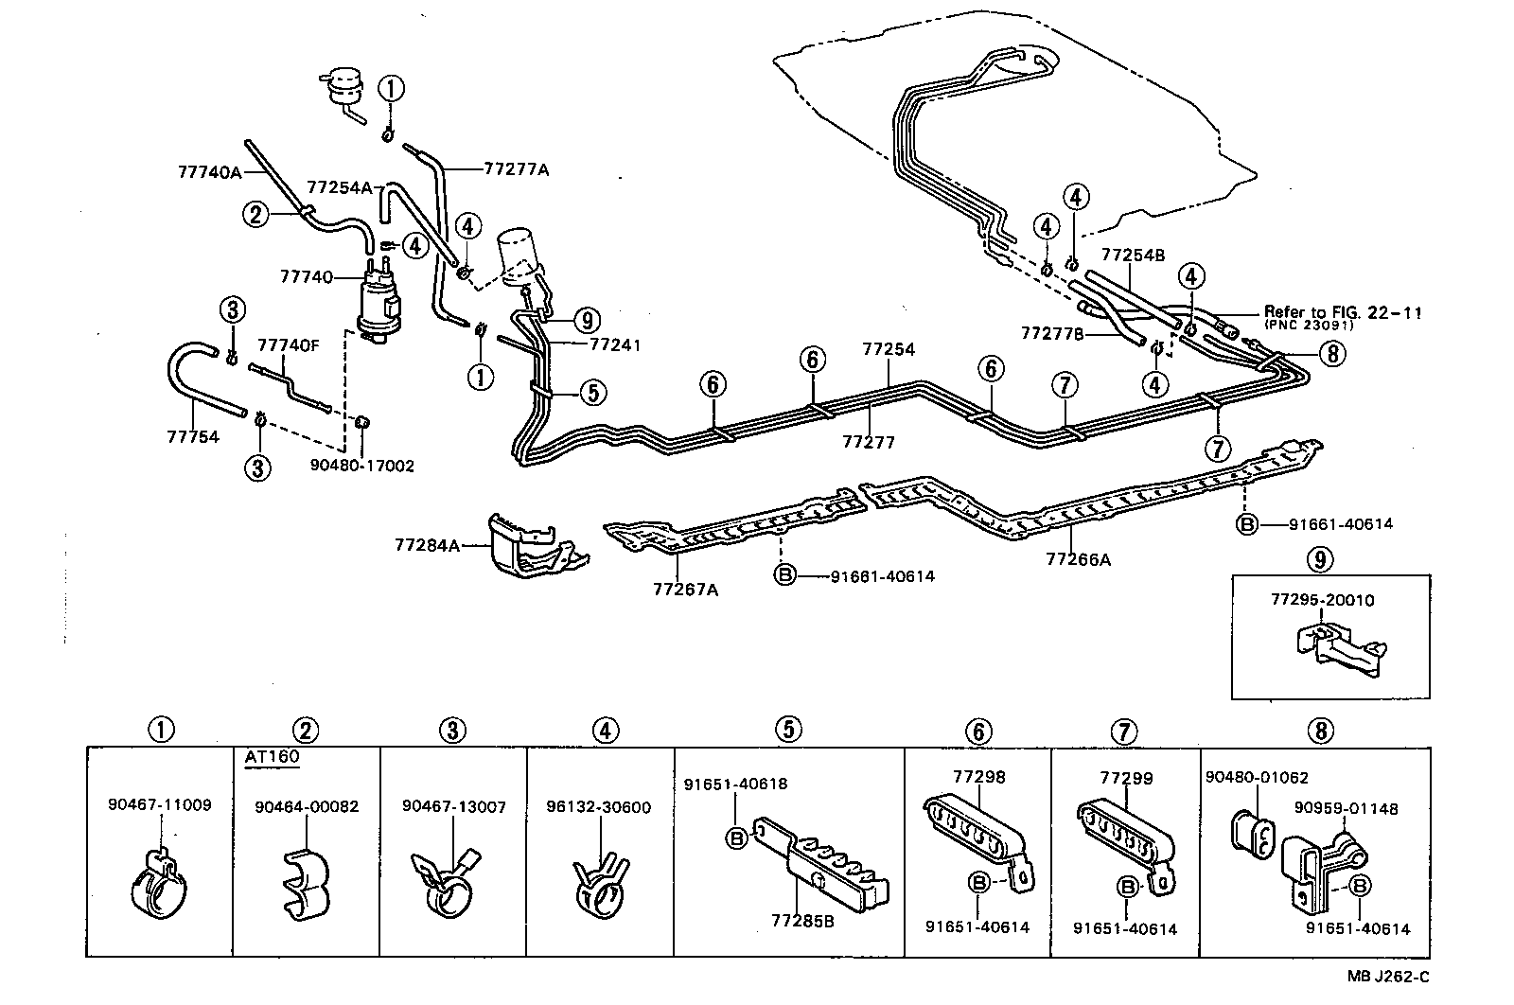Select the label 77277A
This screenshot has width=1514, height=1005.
pyautogui.click(x=517, y=170)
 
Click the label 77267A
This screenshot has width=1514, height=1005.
pyautogui.click(x=685, y=590)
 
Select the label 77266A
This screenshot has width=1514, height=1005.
pyautogui.click(x=1078, y=559)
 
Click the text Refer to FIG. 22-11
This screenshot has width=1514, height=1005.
pyautogui.click(x=1343, y=312)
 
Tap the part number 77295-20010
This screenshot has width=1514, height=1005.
pyautogui.click(x=1322, y=600)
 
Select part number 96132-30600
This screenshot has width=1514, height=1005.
pyautogui.click(x=598, y=807)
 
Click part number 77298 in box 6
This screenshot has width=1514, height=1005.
pyautogui.click(x=978, y=777)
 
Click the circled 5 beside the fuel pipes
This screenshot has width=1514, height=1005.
pyautogui.click(x=592, y=392)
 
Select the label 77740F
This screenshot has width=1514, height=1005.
pyautogui.click(x=289, y=345)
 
